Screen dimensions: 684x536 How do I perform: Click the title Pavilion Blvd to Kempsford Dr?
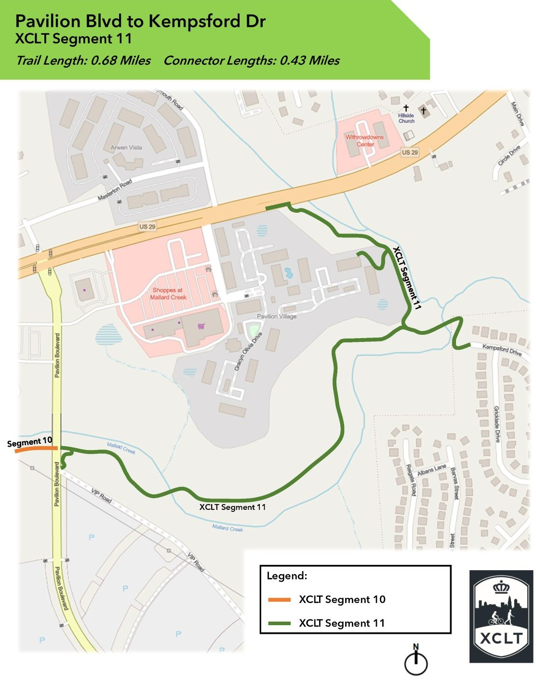(x=140, y=21)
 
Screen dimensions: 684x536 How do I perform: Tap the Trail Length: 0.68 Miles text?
(x=83, y=60)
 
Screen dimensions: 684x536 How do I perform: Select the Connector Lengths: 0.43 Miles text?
(x=251, y=60)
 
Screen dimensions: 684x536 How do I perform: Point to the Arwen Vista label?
(x=126, y=148)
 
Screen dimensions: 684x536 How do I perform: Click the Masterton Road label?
(x=115, y=190)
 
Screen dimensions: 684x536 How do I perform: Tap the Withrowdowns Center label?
(x=364, y=140)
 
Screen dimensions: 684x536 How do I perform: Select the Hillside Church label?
(x=406, y=118)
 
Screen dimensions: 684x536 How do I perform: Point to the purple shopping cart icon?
(x=201, y=327)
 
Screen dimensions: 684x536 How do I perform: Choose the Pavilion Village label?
(x=276, y=316)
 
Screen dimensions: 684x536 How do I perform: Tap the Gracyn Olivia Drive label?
(x=248, y=351)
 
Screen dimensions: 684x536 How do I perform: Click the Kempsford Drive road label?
(x=502, y=349)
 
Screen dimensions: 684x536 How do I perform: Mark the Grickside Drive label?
(x=496, y=424)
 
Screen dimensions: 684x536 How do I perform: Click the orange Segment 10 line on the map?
(x=37, y=449)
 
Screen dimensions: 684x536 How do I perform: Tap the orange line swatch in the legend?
(x=279, y=600)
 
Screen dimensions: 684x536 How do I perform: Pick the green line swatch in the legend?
(x=279, y=623)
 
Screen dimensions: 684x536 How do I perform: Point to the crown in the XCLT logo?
(x=501, y=587)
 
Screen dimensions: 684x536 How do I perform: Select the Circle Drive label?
(x=509, y=155)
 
